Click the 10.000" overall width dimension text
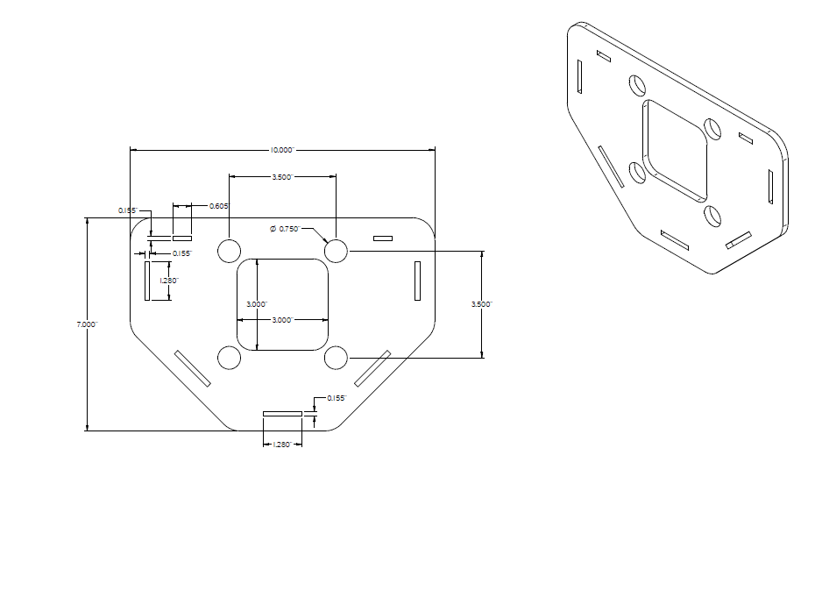282,150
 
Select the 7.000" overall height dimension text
87,324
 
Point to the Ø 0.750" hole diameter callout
286,228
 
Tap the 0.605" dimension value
219,205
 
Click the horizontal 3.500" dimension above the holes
282,177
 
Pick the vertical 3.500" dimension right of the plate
482,304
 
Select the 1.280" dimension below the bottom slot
282,445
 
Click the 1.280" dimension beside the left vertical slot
169,281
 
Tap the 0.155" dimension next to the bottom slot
337,398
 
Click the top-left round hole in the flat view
229,251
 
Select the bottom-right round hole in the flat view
336,358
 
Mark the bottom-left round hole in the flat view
229,358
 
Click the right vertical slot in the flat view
417,281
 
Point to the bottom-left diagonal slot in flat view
193,369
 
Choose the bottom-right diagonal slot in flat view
372,368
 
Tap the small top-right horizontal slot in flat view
383,238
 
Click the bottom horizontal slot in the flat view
282,412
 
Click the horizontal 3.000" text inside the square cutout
282,320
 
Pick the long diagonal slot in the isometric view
611,166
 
